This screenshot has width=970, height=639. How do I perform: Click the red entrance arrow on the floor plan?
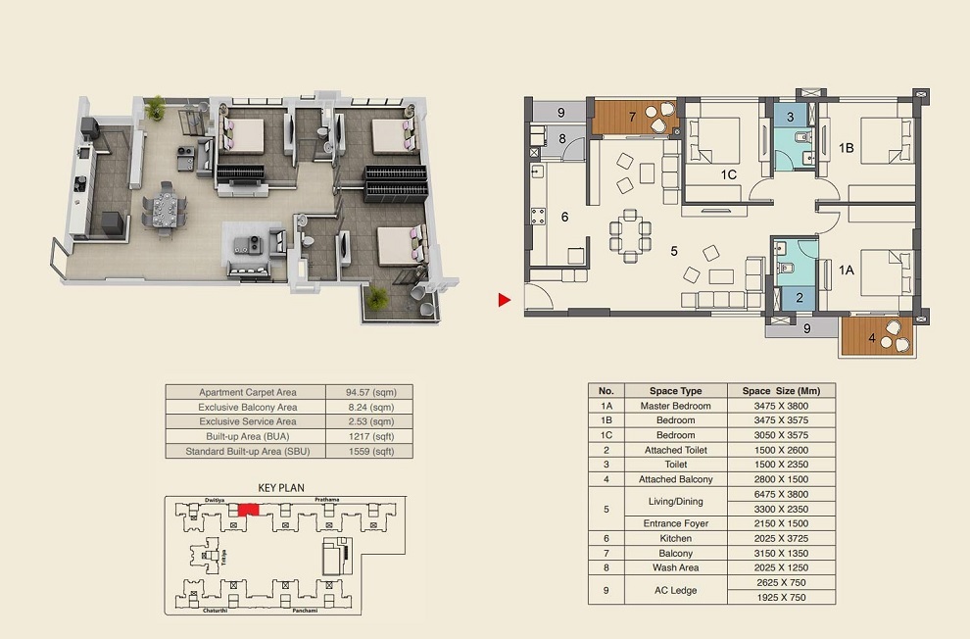[x=505, y=301]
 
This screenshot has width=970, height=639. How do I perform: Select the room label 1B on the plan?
[x=846, y=149]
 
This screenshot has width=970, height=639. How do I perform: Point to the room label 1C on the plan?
[x=727, y=174]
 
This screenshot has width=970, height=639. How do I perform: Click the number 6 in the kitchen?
[x=563, y=217]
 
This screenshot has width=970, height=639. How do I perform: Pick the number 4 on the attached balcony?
[x=872, y=341]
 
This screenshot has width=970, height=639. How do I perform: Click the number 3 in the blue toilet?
[x=790, y=117]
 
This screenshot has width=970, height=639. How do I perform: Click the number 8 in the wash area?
[x=562, y=138]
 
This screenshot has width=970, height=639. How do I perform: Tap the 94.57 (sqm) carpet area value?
[x=368, y=392]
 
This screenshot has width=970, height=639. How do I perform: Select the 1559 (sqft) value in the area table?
[x=368, y=452]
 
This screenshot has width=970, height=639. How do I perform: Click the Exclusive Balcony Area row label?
[x=247, y=407]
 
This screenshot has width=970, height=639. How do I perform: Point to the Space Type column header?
[x=676, y=391]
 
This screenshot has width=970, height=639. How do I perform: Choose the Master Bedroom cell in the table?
[x=676, y=406]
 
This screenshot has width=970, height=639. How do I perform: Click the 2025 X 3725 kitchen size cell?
[x=781, y=538]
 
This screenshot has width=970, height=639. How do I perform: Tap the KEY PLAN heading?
[x=281, y=487]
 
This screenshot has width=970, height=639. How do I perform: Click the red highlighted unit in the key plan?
[x=249, y=509]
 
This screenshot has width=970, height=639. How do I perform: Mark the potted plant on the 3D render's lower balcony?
[x=377, y=297]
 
